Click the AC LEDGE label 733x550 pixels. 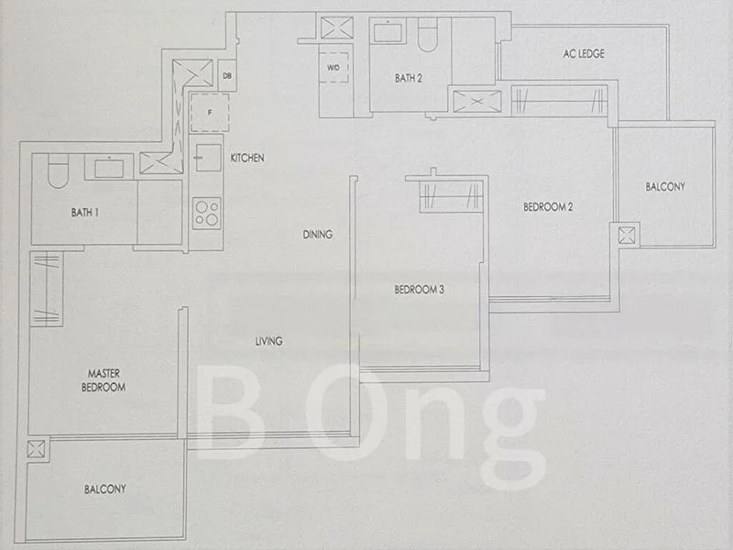click(x=584, y=54)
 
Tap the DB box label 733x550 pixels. click(x=227, y=75)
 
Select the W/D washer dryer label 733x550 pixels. click(x=334, y=68)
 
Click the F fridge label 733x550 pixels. click(x=210, y=113)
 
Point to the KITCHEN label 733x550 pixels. click(x=247, y=158)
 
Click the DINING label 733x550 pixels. click(x=318, y=235)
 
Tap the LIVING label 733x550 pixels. click(x=268, y=341)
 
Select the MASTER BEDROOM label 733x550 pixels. click(x=104, y=380)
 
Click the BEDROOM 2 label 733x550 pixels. click(x=548, y=207)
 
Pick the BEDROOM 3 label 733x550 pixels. click(x=420, y=290)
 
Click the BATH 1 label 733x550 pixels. click(x=84, y=213)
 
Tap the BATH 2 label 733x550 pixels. click(x=409, y=78)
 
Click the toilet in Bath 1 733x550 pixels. click(x=59, y=170)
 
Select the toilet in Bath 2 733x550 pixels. click(x=427, y=35)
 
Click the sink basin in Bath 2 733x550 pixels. click(x=388, y=32)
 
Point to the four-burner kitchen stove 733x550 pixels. click(x=207, y=214)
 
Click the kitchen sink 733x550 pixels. click(x=208, y=158)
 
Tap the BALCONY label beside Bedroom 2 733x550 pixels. click(x=665, y=187)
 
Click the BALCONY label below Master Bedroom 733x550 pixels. click(x=105, y=489)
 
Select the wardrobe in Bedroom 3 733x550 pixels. click(x=451, y=195)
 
